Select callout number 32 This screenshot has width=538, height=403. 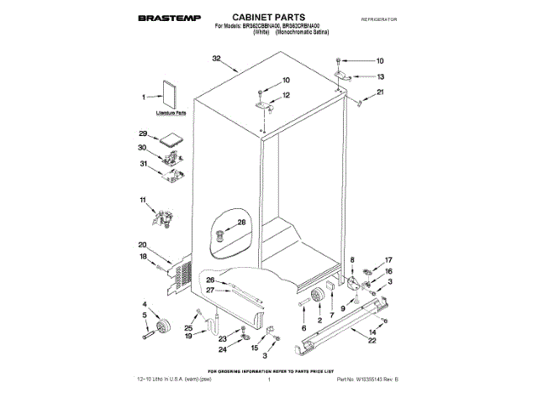(216, 58)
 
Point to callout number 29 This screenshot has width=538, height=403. (143, 134)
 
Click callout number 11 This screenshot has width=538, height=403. (143, 200)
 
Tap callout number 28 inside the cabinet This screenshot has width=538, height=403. (241, 222)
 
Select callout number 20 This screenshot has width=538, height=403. (143, 244)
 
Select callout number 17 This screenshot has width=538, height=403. (388, 260)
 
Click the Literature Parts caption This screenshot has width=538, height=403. (171, 112)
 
